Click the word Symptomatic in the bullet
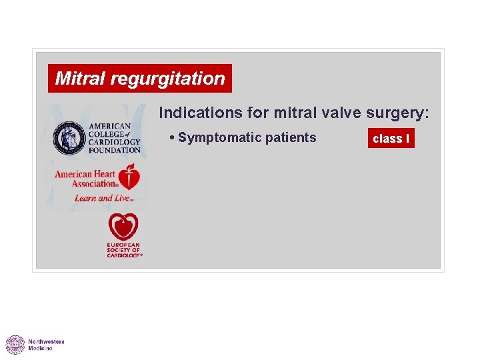click(219, 138)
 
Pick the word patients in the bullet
click(291, 138)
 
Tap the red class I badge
click(391, 139)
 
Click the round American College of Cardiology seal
click(69, 137)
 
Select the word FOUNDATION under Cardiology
click(114, 150)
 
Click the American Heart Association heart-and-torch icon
click(131, 179)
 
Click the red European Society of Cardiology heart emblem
click(123, 227)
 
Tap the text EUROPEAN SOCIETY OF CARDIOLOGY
click(124, 251)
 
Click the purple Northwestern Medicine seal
click(15, 345)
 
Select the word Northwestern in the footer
click(46, 341)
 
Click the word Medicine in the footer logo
click(40, 349)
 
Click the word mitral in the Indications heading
click(288, 113)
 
